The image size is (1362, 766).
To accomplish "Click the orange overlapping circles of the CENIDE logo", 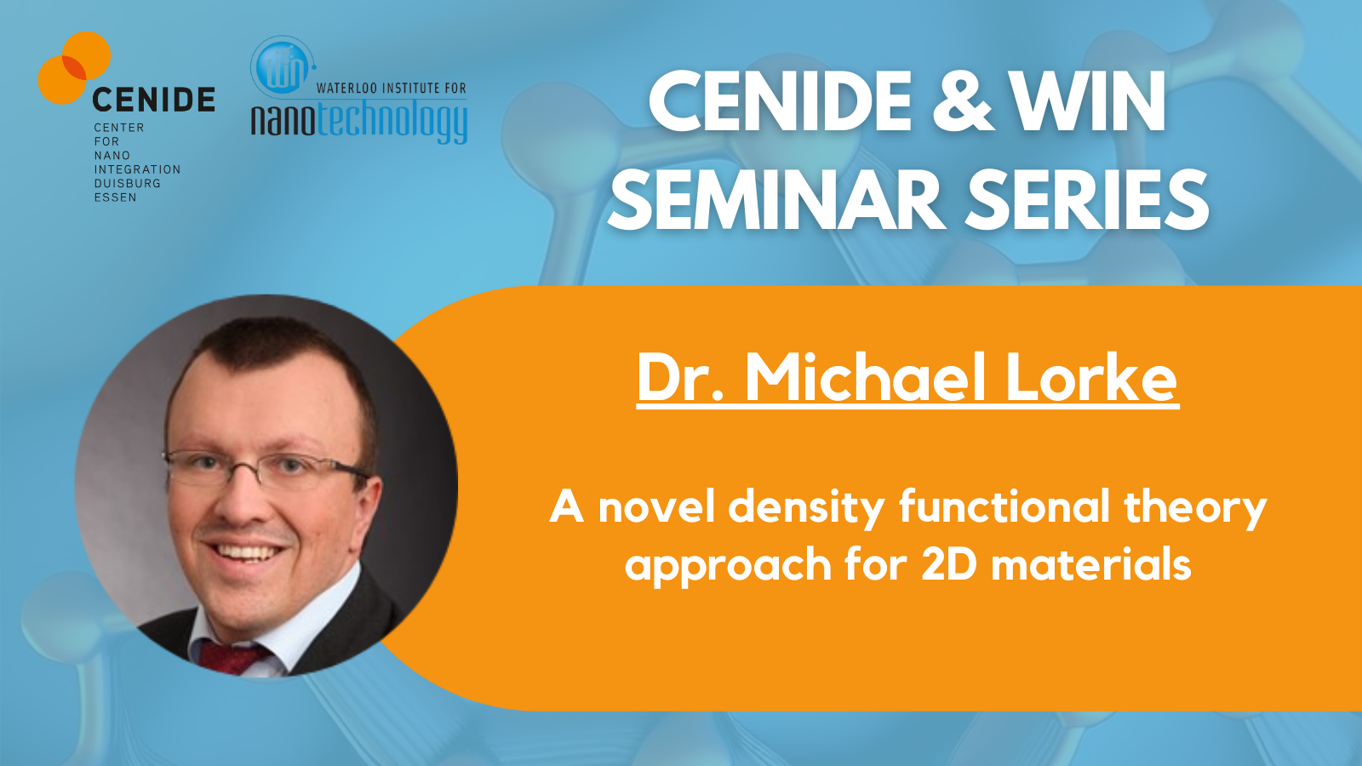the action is click(74, 67).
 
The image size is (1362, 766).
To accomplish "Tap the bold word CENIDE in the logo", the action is click(154, 100).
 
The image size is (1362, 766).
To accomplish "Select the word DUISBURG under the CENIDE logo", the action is click(127, 183).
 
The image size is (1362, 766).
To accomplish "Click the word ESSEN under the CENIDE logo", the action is click(115, 197).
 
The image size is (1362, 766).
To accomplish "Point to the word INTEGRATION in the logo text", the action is click(137, 169).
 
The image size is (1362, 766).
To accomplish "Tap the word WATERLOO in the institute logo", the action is click(345, 89).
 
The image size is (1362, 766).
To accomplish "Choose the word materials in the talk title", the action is click(1091, 563).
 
